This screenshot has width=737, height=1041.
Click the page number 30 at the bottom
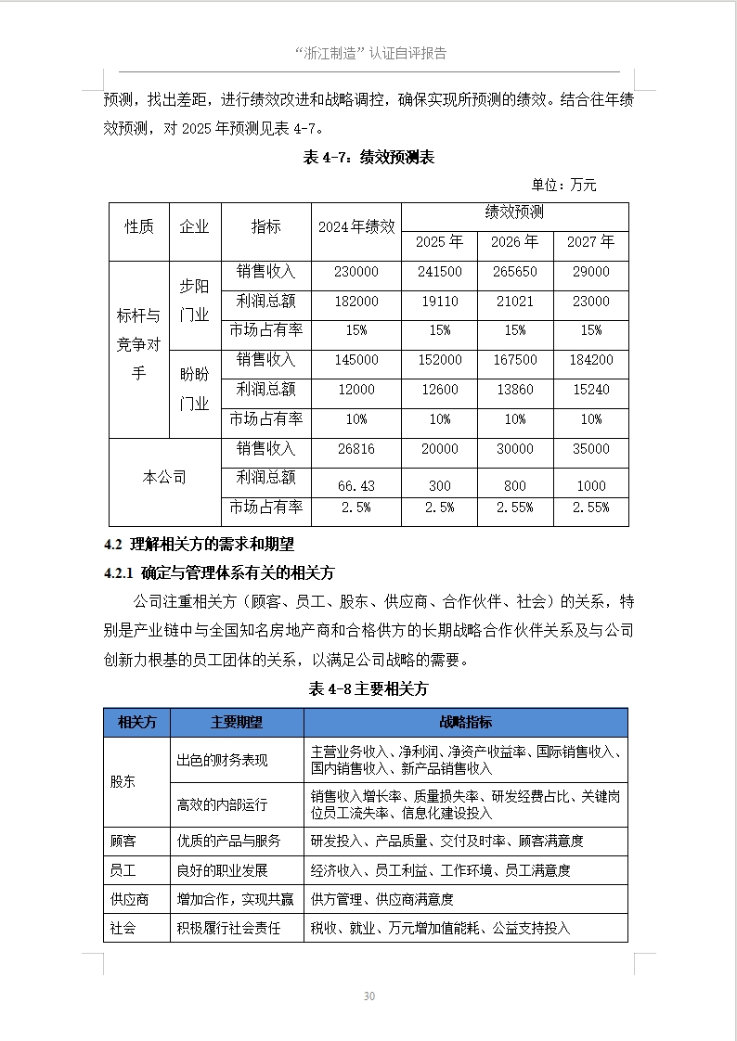click(x=368, y=996)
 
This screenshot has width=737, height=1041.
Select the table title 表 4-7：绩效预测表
click(x=368, y=158)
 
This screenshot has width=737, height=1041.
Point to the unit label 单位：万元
click(x=563, y=186)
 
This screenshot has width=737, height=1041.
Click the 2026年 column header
click(x=515, y=242)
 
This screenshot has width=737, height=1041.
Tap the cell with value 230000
click(x=356, y=272)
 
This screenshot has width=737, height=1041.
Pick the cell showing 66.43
click(x=356, y=485)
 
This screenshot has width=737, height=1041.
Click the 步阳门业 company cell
click(x=194, y=301)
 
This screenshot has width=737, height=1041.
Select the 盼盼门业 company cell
click(x=194, y=389)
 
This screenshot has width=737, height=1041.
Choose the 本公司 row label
click(x=164, y=478)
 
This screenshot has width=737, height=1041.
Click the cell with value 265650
click(x=515, y=272)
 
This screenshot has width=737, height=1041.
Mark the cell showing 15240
click(x=590, y=390)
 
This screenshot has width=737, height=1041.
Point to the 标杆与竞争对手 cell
click(x=138, y=345)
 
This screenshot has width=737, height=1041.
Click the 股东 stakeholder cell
click(x=123, y=781)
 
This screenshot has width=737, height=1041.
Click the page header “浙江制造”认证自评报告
click(x=368, y=53)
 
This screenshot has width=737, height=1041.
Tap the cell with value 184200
click(x=590, y=360)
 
